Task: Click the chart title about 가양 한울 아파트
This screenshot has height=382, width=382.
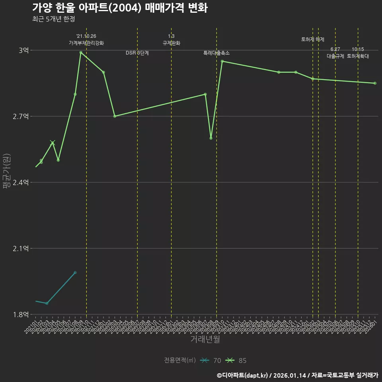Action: pos(119,8)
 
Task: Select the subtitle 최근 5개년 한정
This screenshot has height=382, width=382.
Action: pos(53,19)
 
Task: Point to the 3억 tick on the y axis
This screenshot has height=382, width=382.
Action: pos(23,50)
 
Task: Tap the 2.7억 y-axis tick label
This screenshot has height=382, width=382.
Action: pos(21,116)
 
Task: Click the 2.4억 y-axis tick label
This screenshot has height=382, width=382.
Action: pos(21,182)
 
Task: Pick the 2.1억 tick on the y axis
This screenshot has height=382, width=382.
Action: pos(21,248)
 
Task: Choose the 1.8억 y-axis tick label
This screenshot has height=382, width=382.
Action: pos(21,314)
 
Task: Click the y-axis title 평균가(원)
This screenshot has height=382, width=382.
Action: pos(7,172)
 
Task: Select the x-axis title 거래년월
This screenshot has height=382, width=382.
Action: pos(205,339)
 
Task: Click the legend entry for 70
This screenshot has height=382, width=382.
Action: pos(210,361)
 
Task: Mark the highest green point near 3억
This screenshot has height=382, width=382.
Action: pos(81,52)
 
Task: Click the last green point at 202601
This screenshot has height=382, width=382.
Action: pos(375,83)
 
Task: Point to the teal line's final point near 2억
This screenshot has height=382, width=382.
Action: pos(75,273)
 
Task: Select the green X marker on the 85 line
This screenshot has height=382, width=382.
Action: pos(53,142)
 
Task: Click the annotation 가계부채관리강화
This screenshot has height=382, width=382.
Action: pos(86,43)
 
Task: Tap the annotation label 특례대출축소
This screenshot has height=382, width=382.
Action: pos(216,53)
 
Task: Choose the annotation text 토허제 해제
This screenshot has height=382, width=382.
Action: pos(313,39)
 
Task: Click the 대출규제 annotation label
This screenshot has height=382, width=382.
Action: pos(335,56)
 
